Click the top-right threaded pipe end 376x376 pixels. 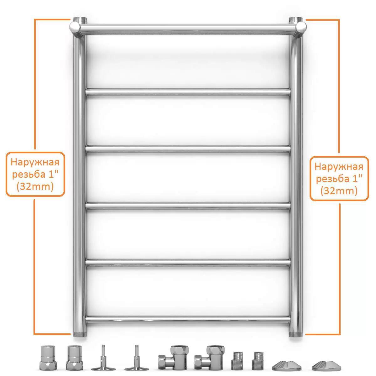click(295, 20)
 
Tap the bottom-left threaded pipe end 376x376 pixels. click(80, 333)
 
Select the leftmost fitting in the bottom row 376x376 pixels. click(48, 358)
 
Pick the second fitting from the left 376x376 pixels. click(75, 358)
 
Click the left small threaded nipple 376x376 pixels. click(237, 361)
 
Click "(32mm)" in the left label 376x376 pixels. click(35, 187)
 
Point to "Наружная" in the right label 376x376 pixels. click(339, 167)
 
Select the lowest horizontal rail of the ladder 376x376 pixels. click(188, 319)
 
